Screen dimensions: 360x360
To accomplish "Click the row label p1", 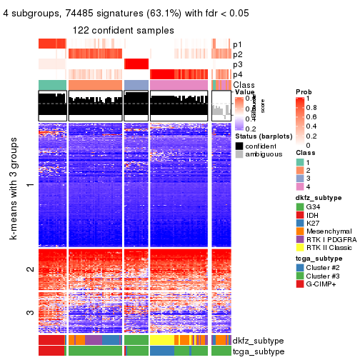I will (237, 44).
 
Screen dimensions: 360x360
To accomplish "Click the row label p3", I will (237, 64).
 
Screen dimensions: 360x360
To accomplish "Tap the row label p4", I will (237, 74).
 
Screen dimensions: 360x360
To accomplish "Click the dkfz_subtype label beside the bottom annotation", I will (258, 341).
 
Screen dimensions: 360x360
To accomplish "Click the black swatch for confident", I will (239, 145).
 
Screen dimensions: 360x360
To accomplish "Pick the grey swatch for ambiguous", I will (239, 154).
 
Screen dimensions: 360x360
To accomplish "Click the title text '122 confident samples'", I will (123, 30).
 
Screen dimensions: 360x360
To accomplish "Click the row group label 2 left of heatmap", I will (29, 269).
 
